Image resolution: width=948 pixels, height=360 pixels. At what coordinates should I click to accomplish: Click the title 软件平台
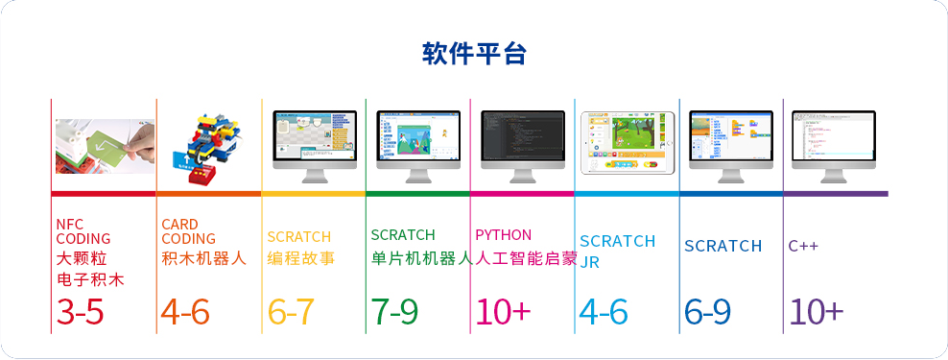coord(474,54)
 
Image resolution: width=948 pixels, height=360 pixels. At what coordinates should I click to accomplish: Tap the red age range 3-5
coord(80,312)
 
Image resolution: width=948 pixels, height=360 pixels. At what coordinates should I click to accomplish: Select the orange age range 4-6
coord(185,312)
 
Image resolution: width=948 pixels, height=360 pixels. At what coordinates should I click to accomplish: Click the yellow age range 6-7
coord(291,312)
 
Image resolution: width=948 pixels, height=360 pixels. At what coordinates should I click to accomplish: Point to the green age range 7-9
coord(394,312)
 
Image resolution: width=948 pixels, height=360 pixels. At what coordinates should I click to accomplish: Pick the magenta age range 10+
coord(503,312)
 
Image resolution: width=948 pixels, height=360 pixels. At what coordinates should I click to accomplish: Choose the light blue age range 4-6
coord(604,312)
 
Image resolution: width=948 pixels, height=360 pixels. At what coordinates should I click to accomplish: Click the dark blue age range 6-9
coord(708,312)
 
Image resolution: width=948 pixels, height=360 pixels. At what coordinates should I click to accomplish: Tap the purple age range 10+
coord(816,312)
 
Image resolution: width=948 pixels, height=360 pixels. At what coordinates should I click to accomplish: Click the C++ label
coord(803,246)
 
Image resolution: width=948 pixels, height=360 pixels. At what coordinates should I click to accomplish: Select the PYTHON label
coord(503,234)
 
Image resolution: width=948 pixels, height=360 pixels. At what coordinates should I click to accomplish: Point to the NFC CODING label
coord(83,231)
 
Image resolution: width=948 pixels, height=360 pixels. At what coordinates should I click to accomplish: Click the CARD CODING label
coord(188,231)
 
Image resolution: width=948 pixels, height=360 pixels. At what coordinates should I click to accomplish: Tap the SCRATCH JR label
coord(617,251)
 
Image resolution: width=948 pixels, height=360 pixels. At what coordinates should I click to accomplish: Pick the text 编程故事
coord(301,258)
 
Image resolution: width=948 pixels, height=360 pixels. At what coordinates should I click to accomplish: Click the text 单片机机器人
coord(420,258)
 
